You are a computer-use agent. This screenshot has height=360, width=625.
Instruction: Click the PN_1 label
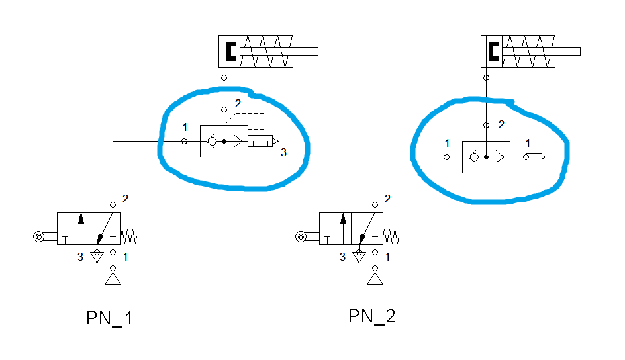(110, 318)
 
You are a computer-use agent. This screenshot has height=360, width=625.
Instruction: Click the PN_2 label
(372, 316)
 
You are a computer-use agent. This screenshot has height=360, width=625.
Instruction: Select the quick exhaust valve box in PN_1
(224, 141)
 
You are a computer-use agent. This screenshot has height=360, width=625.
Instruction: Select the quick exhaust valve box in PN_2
(486, 157)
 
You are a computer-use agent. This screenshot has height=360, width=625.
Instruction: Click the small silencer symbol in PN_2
(534, 157)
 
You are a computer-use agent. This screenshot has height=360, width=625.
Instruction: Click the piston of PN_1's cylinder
(230, 51)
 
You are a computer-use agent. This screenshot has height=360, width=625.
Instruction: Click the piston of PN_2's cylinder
(493, 51)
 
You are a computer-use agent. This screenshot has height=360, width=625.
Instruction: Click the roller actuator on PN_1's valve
(39, 236)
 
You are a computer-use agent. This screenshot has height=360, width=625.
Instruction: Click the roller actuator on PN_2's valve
(301, 236)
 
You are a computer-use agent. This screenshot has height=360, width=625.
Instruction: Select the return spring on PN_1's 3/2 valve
(129, 236)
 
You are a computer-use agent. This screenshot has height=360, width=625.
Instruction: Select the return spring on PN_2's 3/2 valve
(391, 236)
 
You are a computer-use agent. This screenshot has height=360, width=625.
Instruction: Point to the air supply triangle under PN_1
(113, 279)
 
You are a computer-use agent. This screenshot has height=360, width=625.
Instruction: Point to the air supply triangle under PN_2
(375, 279)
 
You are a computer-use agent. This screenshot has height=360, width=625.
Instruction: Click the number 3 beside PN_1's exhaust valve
(283, 153)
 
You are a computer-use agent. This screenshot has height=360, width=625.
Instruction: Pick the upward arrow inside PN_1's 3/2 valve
(81, 227)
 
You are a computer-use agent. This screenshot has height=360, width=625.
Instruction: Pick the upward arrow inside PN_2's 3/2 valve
(343, 227)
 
